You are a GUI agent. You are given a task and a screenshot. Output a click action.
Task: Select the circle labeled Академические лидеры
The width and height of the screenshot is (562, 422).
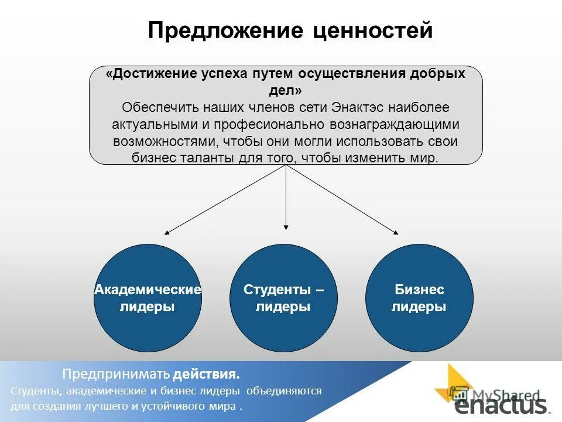click(x=148, y=298)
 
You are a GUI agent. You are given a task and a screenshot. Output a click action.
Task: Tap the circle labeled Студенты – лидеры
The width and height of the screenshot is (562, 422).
click(x=283, y=298)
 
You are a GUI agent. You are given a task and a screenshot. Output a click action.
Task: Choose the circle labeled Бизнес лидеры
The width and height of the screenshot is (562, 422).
click(x=419, y=298)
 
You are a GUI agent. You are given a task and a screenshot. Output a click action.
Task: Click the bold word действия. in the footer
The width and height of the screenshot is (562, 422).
click(x=206, y=374)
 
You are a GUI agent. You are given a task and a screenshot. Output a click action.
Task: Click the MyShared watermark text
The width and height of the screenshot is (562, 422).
click(x=505, y=394)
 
